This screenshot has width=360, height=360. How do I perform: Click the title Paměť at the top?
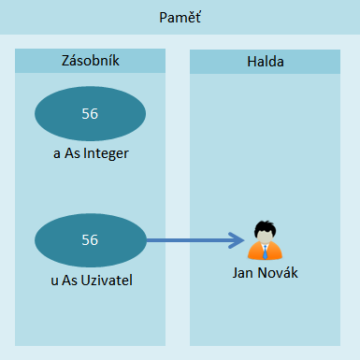pos(180,18)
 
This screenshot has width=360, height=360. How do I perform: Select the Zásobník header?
pos(90,62)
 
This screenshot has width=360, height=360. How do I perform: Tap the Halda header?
pos(266,62)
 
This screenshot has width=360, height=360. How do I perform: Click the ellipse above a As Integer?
pos(90,114)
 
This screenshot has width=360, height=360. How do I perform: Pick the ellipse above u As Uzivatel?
pos(90,239)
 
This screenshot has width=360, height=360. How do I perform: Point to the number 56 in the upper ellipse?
pos(90,114)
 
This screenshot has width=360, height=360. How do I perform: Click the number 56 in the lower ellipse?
pos(90,239)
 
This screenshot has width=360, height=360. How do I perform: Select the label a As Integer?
pos(90,152)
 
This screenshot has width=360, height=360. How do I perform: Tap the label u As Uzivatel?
pos(90,278)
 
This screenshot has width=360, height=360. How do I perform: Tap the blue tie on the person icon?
pos(266,252)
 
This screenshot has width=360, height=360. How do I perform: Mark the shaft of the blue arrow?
pos(187,240)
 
